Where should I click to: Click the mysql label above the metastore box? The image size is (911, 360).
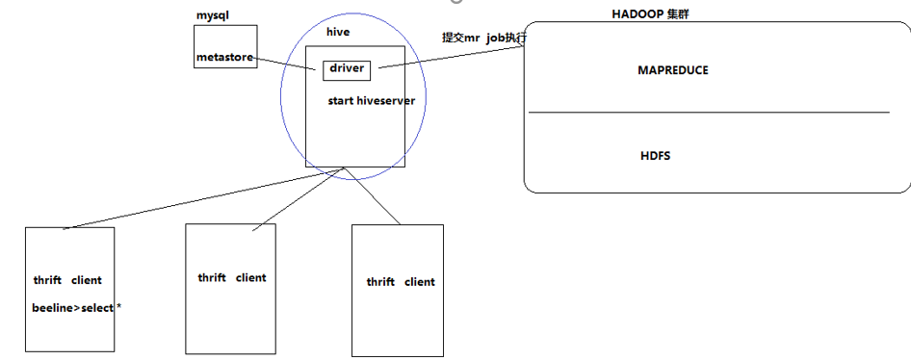pos(213,16)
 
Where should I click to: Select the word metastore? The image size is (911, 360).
pos(224,58)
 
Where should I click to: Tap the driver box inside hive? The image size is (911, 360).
pos(346,69)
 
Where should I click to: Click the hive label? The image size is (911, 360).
pos(338,32)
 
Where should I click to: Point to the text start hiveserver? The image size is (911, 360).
pos(371,99)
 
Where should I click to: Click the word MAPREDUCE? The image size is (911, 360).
pos(673,70)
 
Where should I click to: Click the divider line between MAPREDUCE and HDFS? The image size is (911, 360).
pos(708,113)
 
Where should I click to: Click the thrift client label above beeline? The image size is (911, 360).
pos(67,280)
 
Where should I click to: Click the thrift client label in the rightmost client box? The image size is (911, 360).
pos(400,282)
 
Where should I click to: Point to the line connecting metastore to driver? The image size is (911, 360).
pos(289,63)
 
